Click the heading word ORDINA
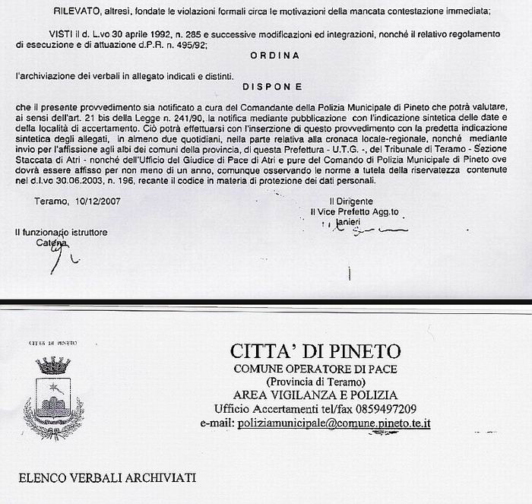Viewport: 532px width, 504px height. click(x=274, y=55)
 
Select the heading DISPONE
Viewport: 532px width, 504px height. click(x=274, y=87)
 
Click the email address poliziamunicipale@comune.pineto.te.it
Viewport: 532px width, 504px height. click(x=334, y=422)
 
